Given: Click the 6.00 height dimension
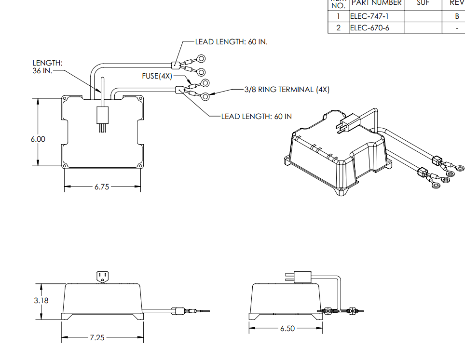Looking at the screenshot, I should point(38,139).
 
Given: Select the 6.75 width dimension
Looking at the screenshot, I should point(102,187).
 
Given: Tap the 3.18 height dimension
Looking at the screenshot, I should point(41,301).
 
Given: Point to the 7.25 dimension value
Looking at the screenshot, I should point(97,337).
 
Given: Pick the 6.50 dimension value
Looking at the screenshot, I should point(288,328).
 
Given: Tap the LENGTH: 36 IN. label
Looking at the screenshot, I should point(47,67).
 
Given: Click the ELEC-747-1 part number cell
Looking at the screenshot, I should point(369,16).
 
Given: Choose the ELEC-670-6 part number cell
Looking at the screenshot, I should point(369,28).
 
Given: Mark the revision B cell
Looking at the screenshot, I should point(456,16).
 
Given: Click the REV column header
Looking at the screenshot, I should point(456,3).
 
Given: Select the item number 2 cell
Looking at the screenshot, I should point(339,28).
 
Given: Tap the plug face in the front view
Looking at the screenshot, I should point(102,277).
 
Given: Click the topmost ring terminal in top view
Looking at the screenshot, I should point(201,59).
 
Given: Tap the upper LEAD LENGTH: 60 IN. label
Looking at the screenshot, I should point(231,42).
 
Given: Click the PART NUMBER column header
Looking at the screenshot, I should point(376,3).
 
